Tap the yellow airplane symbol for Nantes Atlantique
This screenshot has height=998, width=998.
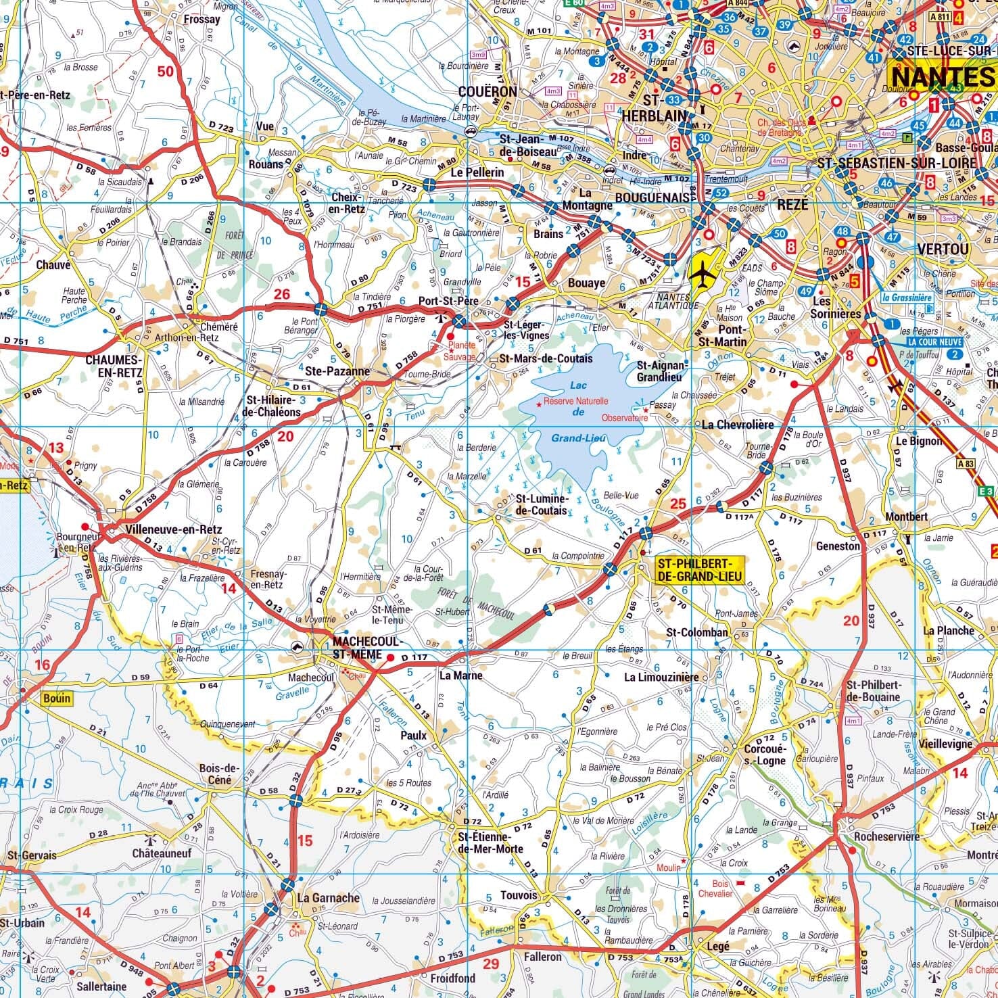pyautogui.click(x=703, y=274)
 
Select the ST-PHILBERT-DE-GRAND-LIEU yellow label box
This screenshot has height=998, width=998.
pyautogui.click(x=698, y=570)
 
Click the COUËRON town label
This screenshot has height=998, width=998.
pyautogui.click(x=487, y=91)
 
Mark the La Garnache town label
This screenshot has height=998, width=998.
pyautogui.click(x=329, y=898)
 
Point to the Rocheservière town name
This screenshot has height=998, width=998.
pyautogui.click(x=886, y=836)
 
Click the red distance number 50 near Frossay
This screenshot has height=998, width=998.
pyautogui.click(x=165, y=72)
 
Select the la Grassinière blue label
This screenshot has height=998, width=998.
pyautogui.click(x=907, y=297)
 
